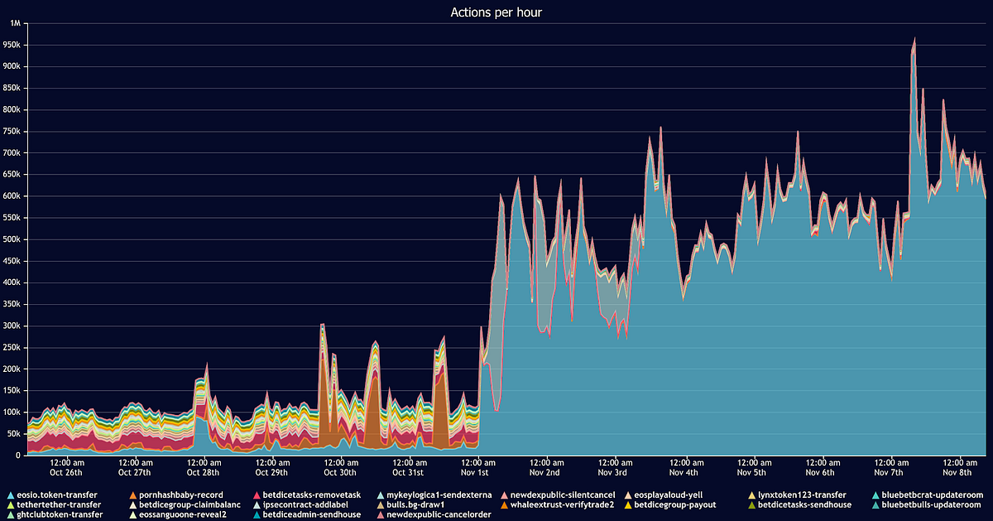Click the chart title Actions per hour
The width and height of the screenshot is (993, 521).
pos(496,12)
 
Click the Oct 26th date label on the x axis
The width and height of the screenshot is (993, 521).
pos(66,472)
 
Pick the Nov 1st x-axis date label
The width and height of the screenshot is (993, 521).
pos(475,472)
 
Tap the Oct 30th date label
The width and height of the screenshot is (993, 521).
pos(339,472)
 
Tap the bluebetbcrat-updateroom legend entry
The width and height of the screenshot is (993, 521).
pos(931,494)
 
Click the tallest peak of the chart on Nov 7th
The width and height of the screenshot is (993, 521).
pos(914,39)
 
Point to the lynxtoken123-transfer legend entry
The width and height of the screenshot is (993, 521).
pos(801,494)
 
